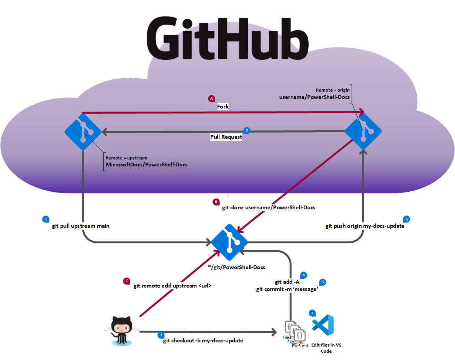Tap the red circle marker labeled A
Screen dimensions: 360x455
tap(211, 99)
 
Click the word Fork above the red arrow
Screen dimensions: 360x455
tap(223, 107)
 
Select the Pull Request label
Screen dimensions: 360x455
tap(226, 137)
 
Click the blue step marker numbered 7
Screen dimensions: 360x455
tap(247, 131)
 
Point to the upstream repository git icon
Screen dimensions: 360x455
tap(83, 132)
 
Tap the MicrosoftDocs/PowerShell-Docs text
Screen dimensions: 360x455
tap(146, 164)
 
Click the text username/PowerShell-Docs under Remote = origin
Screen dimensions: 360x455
tap(314, 97)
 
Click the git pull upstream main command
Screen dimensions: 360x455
tap(81, 226)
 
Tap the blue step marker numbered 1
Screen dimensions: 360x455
tap(46, 219)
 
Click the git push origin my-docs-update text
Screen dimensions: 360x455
tap(365, 226)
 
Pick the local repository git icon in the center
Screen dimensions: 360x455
tap(229, 242)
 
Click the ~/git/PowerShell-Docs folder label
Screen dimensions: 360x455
tap(236, 267)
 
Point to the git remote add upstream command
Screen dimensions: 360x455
tap(172, 286)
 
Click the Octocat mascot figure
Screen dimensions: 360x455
tap(121, 330)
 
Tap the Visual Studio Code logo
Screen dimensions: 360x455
tap(323, 325)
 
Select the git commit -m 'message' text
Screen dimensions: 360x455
tap(287, 289)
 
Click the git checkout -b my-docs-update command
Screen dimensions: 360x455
tap(203, 340)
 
